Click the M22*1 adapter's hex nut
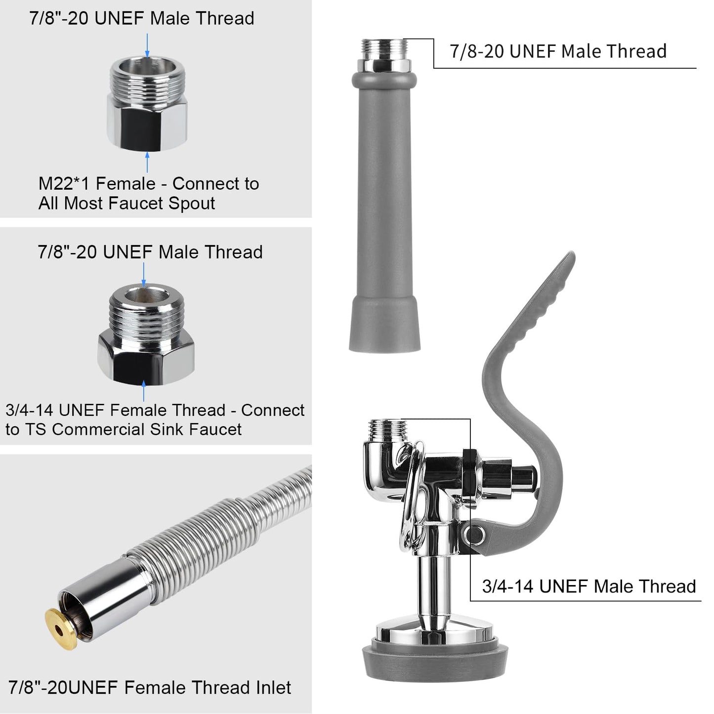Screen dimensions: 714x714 [x=147, y=121]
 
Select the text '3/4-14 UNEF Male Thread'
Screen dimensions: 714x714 [x=588, y=587]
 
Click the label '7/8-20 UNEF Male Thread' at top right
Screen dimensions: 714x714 [x=558, y=51]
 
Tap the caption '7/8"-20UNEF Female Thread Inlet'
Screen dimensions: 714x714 [x=150, y=687]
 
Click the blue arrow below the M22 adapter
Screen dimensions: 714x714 [x=147, y=162]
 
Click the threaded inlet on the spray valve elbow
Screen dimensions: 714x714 [x=388, y=427]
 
